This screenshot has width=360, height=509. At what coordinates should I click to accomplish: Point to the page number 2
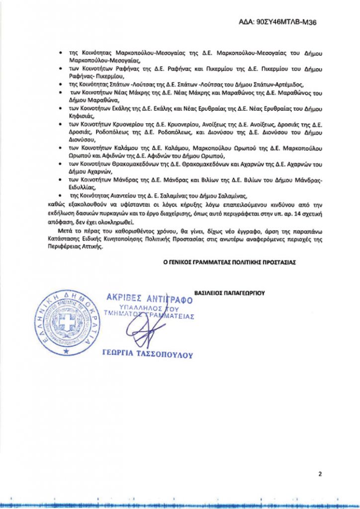coord(320,474)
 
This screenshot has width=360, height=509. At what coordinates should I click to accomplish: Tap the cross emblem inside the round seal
coord(66,324)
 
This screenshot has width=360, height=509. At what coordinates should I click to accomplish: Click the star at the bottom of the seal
coord(65,351)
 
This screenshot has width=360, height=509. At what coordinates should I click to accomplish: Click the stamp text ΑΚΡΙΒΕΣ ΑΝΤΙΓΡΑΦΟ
coord(149,298)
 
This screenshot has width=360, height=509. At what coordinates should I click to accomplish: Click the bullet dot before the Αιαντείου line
coord(60,196)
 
